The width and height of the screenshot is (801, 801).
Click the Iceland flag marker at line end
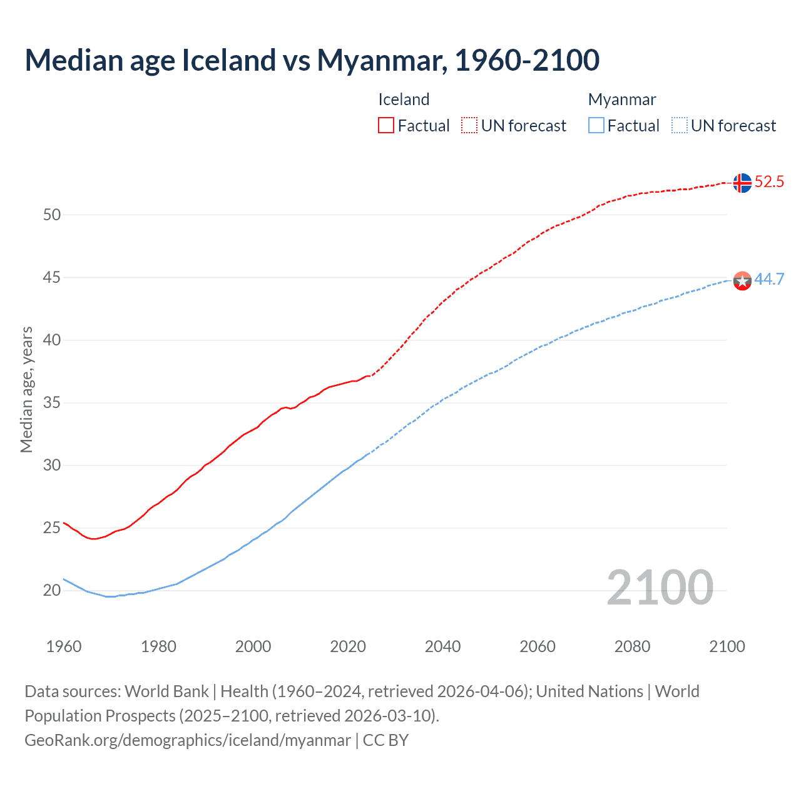click(742, 183)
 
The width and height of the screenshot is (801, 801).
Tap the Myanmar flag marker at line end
click(742, 281)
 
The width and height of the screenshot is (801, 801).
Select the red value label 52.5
click(769, 182)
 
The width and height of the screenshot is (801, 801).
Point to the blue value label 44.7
click(769, 279)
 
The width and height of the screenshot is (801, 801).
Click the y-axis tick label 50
click(52, 215)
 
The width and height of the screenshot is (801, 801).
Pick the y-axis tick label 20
click(52, 590)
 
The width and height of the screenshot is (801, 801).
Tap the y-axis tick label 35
click(52, 402)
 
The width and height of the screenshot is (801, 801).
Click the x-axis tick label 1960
click(64, 646)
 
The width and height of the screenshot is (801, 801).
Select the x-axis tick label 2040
click(442, 646)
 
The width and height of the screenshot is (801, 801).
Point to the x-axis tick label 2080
click(632, 646)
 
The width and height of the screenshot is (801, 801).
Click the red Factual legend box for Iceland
click(386, 126)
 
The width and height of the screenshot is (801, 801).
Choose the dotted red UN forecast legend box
click(469, 126)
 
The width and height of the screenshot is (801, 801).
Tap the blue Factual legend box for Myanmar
click(596, 126)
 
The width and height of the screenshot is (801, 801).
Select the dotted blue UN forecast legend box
click(680, 126)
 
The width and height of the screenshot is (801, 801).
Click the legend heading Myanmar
click(622, 99)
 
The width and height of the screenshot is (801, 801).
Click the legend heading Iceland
click(404, 99)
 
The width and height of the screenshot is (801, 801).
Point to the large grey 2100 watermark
click(660, 587)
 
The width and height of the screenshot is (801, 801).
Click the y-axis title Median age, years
click(26, 389)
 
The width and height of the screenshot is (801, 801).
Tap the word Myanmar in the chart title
click(382, 60)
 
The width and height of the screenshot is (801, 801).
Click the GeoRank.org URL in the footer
click(188, 740)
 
